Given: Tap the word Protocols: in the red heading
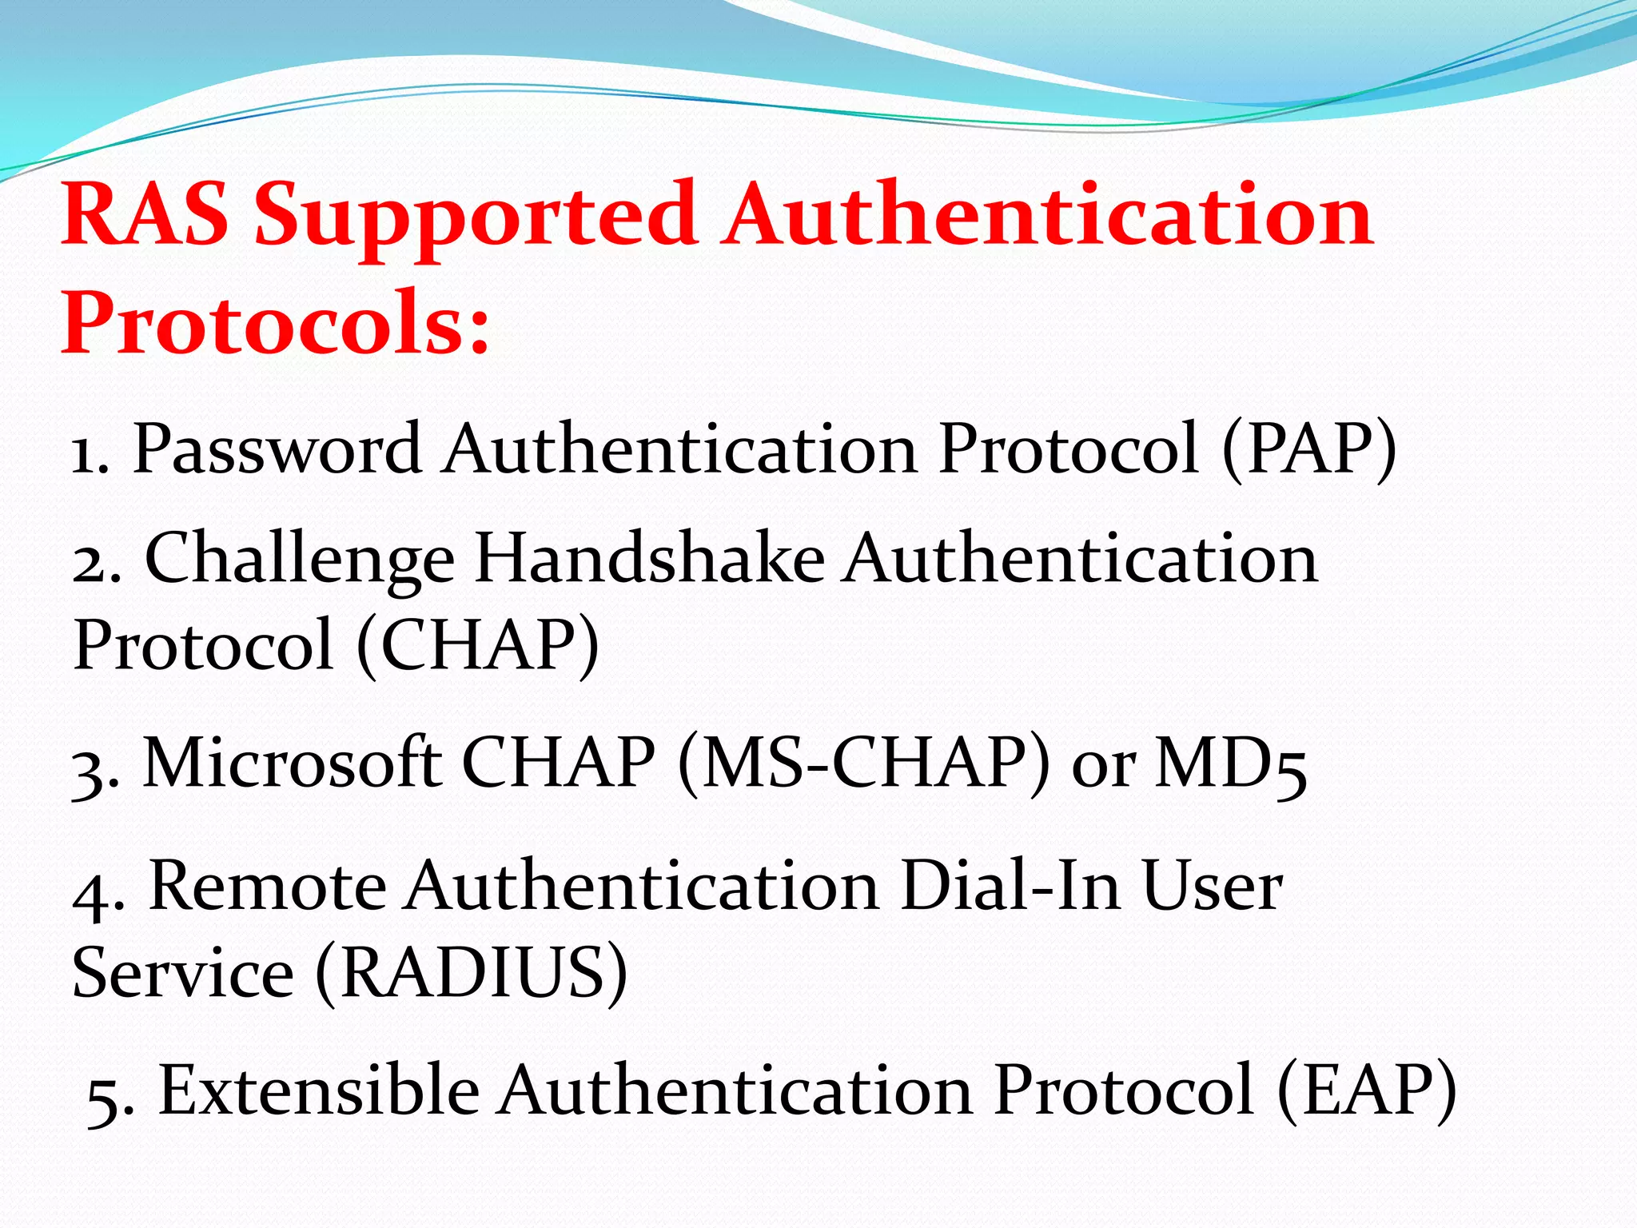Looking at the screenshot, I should pyautogui.click(x=275, y=325).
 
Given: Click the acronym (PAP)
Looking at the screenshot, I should pyautogui.click(x=1309, y=451).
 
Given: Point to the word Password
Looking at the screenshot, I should pyautogui.click(x=277, y=449).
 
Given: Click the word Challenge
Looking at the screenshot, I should pyautogui.click(x=299, y=560).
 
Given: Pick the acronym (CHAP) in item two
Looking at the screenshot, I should pyautogui.click(x=477, y=646).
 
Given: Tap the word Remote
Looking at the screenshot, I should pyautogui.click(x=269, y=887).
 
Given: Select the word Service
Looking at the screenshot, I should pyautogui.click(x=183, y=974).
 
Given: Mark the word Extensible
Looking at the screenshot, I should pyautogui.click(x=319, y=1090).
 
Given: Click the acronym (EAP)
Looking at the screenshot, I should pyautogui.click(x=1366, y=1092).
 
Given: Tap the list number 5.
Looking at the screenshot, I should pyautogui.click(x=107, y=1097).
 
